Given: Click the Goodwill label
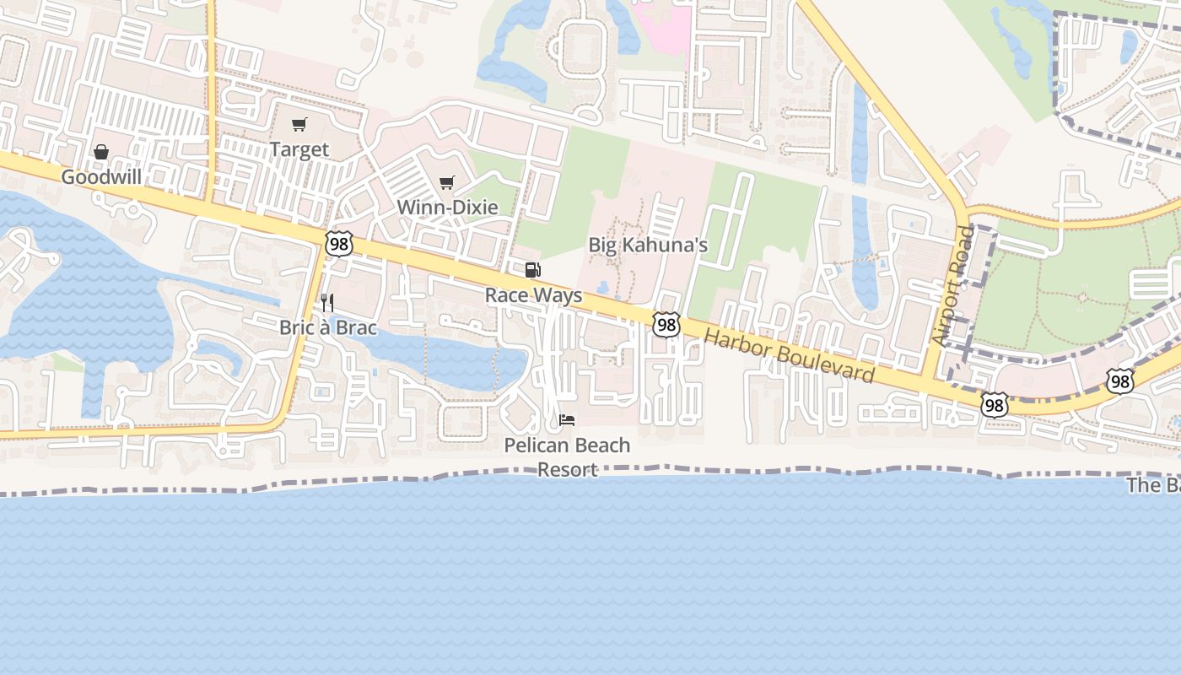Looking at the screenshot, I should [101, 177].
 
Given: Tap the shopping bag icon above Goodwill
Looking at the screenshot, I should [101, 152].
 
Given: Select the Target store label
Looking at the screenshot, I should [299, 149].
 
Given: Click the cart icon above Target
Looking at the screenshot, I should [299, 125].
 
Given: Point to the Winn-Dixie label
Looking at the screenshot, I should [447, 207].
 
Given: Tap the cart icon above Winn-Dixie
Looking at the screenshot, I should [447, 182].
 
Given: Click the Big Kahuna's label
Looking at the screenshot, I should [648, 245].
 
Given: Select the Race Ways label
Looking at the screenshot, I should [533, 295].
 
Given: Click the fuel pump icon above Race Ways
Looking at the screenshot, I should [533, 270].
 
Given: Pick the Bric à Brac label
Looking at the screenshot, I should [328, 327].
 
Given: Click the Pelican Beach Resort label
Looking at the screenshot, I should [567, 456].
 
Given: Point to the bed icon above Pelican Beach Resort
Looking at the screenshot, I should [567, 419].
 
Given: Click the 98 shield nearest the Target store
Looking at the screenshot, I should [338, 244].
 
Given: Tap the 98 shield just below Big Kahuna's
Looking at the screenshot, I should [666, 324].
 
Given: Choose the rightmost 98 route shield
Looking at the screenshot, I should [1120, 381].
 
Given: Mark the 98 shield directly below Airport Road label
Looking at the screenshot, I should [995, 406].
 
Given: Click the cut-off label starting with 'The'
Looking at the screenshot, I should [1153, 485].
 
